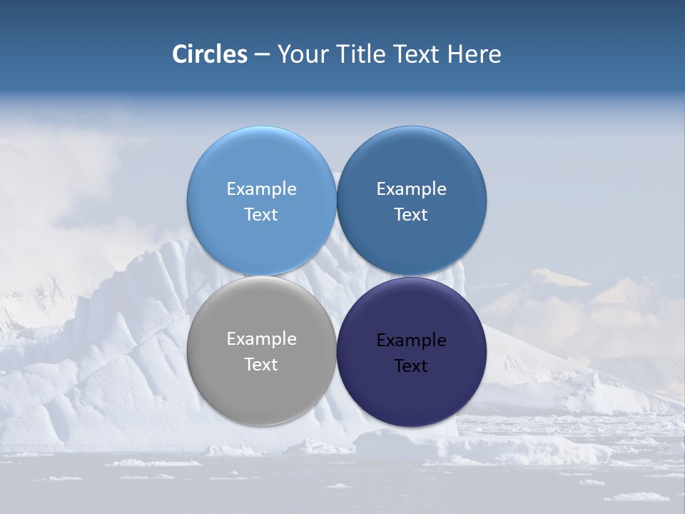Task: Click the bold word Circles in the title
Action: (210, 54)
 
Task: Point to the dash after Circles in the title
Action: (262, 55)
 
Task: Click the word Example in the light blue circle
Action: (261, 189)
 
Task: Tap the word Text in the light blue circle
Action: (261, 215)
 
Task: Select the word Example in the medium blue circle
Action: (411, 189)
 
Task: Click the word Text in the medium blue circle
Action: (411, 215)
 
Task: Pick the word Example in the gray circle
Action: (261, 339)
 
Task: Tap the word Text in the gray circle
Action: (261, 365)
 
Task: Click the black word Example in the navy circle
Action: (411, 341)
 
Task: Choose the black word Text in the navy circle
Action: (411, 366)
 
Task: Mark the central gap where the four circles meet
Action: (336, 276)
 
